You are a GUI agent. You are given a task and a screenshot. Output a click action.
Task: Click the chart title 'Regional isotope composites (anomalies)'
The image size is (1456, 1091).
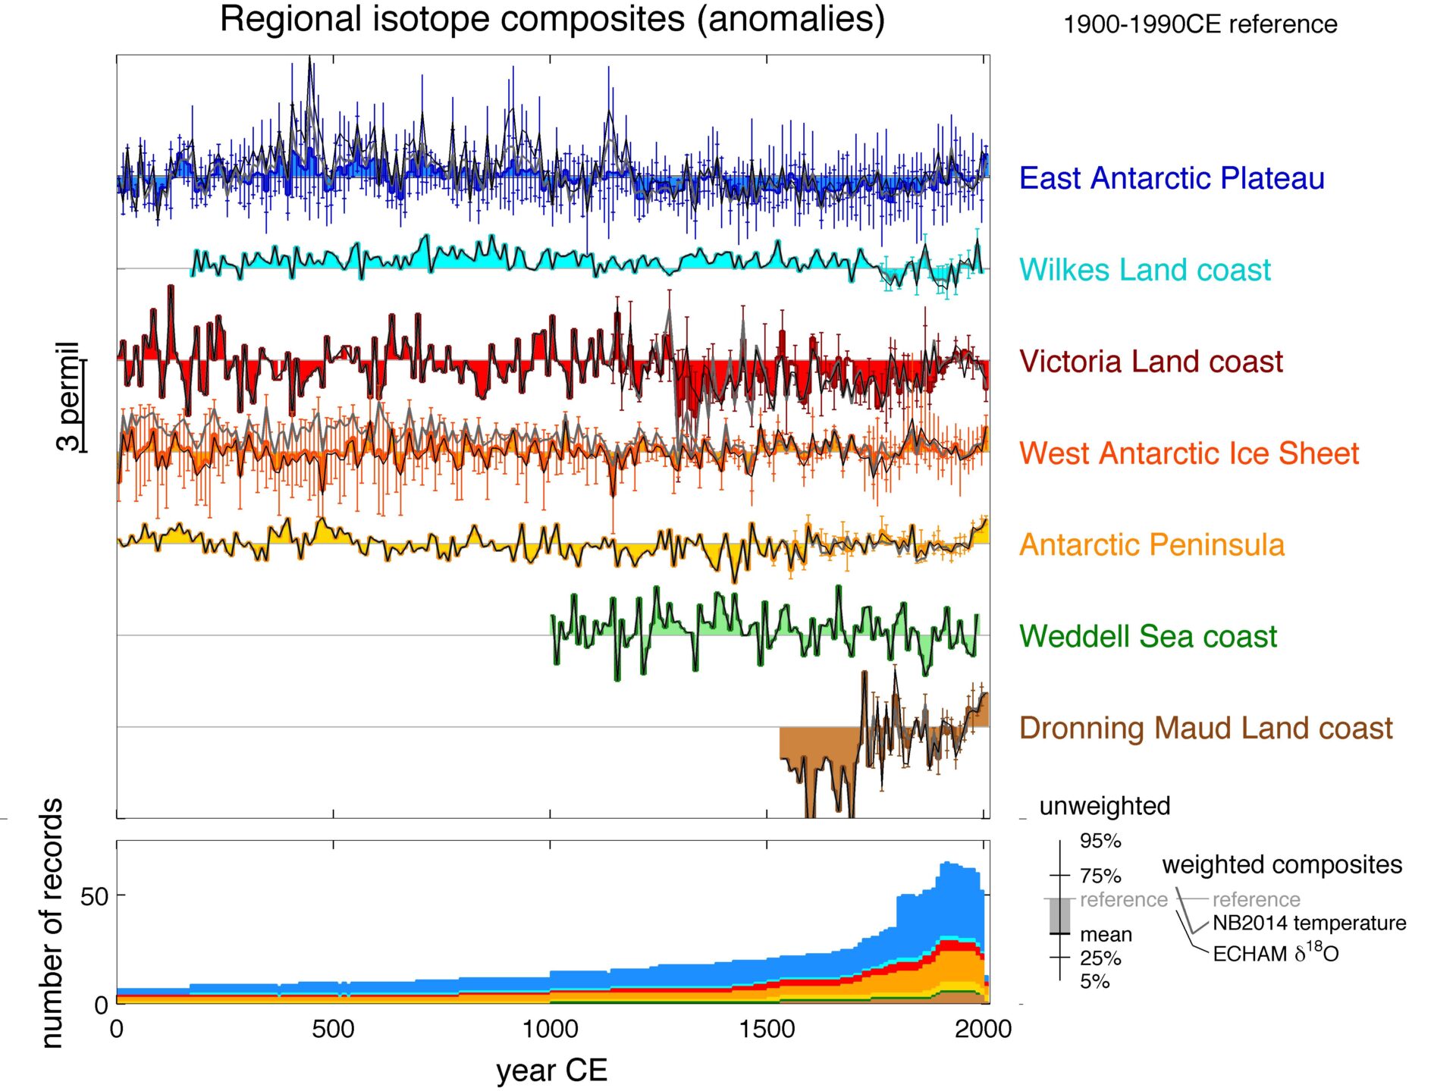tap(552, 19)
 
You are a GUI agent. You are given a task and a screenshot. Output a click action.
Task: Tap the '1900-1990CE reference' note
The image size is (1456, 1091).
tap(1200, 24)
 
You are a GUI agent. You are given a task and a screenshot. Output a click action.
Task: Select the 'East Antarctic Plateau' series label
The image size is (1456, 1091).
tap(1172, 178)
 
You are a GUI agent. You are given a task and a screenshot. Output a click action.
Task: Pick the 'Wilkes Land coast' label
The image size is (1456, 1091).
tap(1144, 270)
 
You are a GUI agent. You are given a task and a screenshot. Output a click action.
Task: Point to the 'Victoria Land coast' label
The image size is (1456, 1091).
tap(1150, 362)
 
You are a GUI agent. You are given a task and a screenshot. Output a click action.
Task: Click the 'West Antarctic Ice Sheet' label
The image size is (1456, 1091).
tap(1188, 453)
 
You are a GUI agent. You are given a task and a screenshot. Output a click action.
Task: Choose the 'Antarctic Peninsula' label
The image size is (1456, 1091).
tap(1151, 545)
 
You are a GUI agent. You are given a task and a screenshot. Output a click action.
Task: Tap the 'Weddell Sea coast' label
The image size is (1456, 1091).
tap(1147, 637)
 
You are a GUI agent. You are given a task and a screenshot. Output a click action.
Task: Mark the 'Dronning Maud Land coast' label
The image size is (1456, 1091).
tap(1206, 729)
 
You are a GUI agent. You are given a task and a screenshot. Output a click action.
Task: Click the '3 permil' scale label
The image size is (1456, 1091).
tap(68, 396)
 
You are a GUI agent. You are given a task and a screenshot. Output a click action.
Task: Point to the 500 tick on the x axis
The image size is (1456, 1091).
tap(333, 1029)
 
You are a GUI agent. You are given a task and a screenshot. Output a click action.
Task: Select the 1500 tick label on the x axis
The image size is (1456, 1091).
tap(767, 1029)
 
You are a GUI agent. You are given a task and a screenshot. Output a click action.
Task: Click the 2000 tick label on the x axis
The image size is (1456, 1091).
tap(983, 1029)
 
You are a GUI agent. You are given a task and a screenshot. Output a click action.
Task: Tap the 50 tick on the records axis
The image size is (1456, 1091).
tap(95, 897)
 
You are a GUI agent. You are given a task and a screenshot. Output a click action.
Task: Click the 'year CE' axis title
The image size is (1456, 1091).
tap(551, 1071)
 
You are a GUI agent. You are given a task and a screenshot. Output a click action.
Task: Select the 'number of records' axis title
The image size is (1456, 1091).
tap(52, 923)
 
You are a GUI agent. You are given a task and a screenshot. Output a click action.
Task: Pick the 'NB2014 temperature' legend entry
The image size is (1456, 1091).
tap(1309, 923)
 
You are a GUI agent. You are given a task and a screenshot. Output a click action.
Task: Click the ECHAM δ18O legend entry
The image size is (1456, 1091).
tap(1276, 953)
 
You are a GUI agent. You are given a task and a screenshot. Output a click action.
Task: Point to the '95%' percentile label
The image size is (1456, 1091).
tap(1100, 841)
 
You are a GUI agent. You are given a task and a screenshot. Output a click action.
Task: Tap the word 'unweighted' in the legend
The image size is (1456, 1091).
tap(1104, 806)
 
